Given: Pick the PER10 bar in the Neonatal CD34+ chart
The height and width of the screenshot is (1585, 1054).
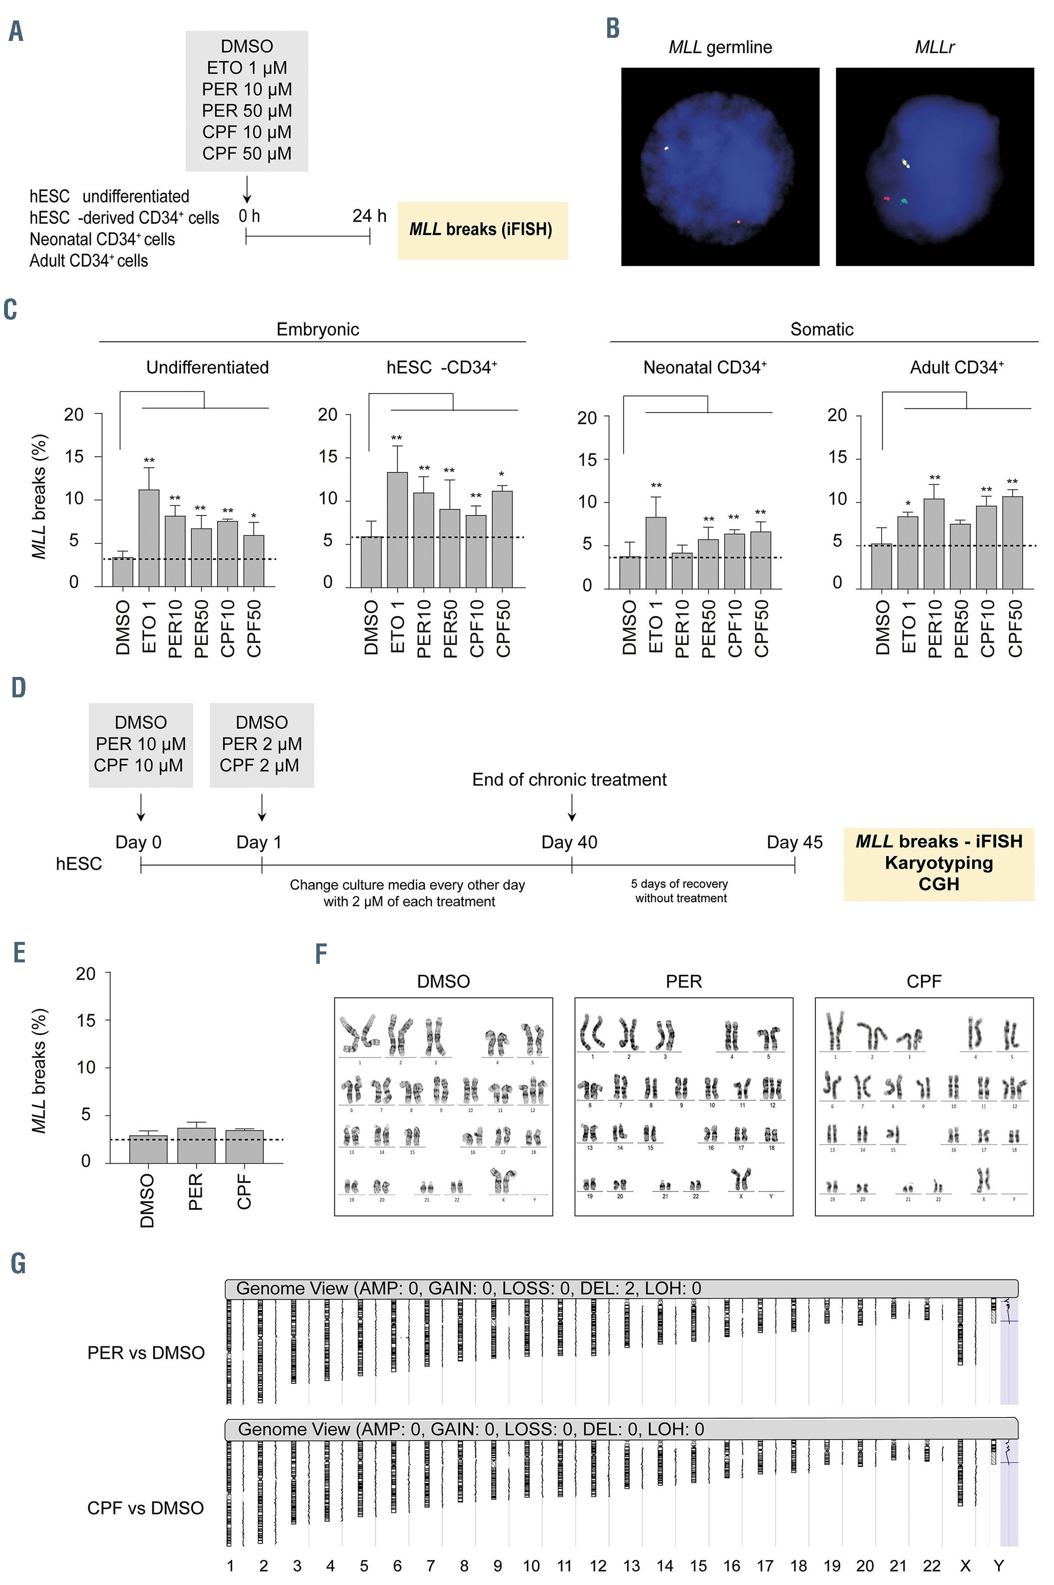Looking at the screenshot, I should pos(681,571).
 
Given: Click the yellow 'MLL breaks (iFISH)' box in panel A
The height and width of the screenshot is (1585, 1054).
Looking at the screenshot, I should pos(482,230).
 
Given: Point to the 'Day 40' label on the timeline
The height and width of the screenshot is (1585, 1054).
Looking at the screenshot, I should pos(569,842).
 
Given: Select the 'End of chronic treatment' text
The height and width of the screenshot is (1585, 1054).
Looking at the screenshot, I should pos(569,780).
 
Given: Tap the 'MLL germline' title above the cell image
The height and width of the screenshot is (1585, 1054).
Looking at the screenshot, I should pos(720,47).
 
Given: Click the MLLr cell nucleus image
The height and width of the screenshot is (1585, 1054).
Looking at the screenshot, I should pos(934,167).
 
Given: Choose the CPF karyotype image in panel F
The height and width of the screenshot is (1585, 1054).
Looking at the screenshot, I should pos(923,1106).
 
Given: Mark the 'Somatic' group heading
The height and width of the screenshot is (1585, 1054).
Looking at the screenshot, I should pos(821,329).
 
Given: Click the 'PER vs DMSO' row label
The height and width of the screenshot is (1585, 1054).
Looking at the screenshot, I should pos(146,1352).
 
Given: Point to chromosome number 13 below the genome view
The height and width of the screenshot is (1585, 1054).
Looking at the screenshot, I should pos(631,1566).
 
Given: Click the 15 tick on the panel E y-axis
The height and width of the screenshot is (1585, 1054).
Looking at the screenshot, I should pos(86,1020).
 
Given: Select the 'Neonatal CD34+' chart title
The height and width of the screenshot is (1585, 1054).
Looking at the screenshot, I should pos(704,368).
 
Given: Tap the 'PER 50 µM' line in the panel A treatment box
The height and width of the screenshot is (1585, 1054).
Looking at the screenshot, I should pos(247,111).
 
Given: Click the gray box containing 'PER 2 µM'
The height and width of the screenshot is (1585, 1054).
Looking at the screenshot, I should pos(262,745).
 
